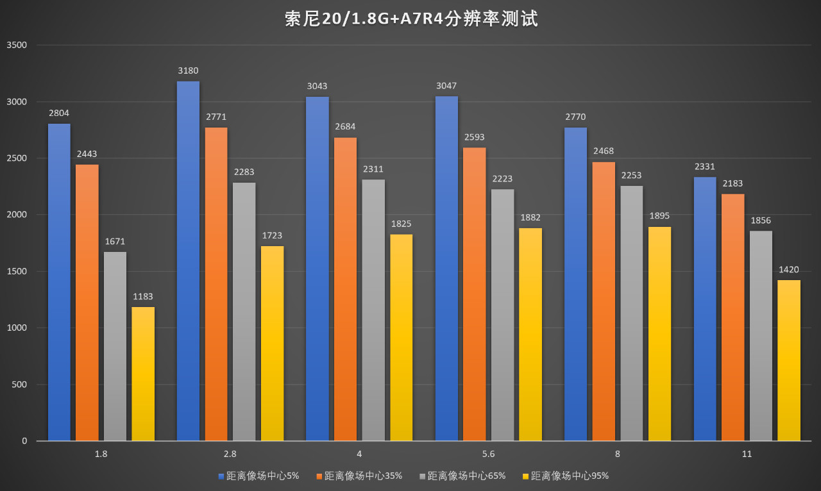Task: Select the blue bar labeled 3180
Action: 188,261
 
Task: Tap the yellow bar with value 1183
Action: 143,374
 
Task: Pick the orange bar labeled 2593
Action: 475,294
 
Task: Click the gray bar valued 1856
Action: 761,336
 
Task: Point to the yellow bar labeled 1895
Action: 659,334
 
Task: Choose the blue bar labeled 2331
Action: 705,309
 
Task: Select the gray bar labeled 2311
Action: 373,310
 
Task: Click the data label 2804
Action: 59,113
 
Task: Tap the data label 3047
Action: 446,86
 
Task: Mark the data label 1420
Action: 789,270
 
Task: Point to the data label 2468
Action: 604,151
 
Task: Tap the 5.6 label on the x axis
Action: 488,454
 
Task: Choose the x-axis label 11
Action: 747,454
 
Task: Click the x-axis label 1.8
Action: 101,454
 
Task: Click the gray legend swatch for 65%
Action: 423,476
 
